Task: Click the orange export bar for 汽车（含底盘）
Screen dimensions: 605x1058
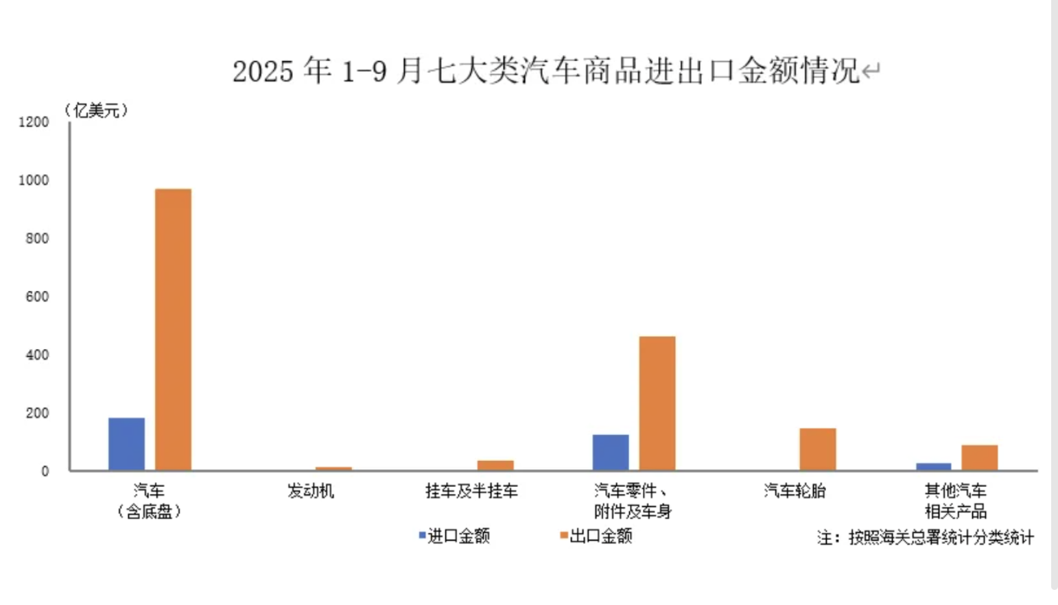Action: click(173, 329)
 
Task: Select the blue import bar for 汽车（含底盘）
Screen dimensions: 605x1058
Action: click(126, 444)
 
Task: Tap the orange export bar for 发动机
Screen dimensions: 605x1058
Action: click(333, 468)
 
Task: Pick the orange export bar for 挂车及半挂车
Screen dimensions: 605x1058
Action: click(495, 465)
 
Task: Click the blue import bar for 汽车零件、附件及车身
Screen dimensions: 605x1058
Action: click(611, 452)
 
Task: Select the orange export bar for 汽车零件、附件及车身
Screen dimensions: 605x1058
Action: click(657, 403)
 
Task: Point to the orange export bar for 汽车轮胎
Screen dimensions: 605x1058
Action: click(818, 449)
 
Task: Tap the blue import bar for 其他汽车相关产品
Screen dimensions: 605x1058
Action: click(934, 466)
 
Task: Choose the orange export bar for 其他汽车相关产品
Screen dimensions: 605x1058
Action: click(980, 458)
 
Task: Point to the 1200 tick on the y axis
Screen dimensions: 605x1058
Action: click(34, 122)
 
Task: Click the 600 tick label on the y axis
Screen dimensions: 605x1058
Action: click(37, 296)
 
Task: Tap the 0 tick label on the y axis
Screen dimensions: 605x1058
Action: click(45, 471)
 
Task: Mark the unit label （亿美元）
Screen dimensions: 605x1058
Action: click(97, 110)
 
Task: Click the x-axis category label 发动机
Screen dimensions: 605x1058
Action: click(311, 491)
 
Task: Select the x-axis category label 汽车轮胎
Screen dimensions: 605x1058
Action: click(795, 491)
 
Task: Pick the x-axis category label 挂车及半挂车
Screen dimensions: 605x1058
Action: click(472, 491)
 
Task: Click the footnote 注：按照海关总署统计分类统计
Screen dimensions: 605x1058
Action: click(925, 537)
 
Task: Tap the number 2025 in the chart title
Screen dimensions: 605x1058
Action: click(263, 71)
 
